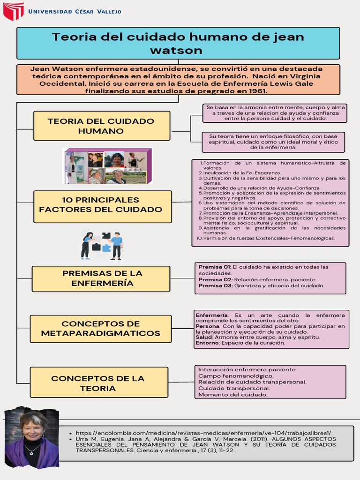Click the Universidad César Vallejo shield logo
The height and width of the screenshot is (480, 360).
(x=14, y=11)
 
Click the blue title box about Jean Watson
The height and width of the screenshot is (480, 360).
(x=178, y=43)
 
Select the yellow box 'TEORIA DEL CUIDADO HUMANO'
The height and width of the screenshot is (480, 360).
(x=102, y=126)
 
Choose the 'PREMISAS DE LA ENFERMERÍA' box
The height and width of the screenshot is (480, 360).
(x=102, y=278)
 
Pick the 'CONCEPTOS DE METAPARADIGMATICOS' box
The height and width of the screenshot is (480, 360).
(x=101, y=329)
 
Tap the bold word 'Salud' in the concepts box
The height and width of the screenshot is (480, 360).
(x=203, y=337)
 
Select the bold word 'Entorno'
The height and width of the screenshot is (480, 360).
(x=207, y=343)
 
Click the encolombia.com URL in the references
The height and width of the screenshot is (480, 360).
(x=203, y=433)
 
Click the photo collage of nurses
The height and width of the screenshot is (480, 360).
(x=107, y=166)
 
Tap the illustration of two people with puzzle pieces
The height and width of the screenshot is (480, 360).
(x=101, y=245)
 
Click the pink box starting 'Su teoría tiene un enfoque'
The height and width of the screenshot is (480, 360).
(x=273, y=142)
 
